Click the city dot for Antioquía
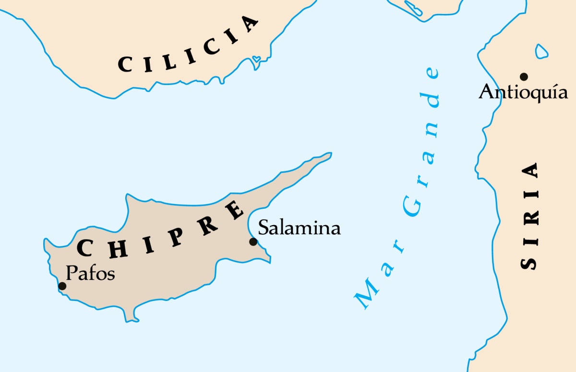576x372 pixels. point(524,76)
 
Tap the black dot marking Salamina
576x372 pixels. point(253,241)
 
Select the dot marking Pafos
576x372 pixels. point(62,286)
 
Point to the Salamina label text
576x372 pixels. point(299,228)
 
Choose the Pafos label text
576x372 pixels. point(90,273)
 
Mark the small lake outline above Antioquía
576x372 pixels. point(541,51)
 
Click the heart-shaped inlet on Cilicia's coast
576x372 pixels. point(257,60)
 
